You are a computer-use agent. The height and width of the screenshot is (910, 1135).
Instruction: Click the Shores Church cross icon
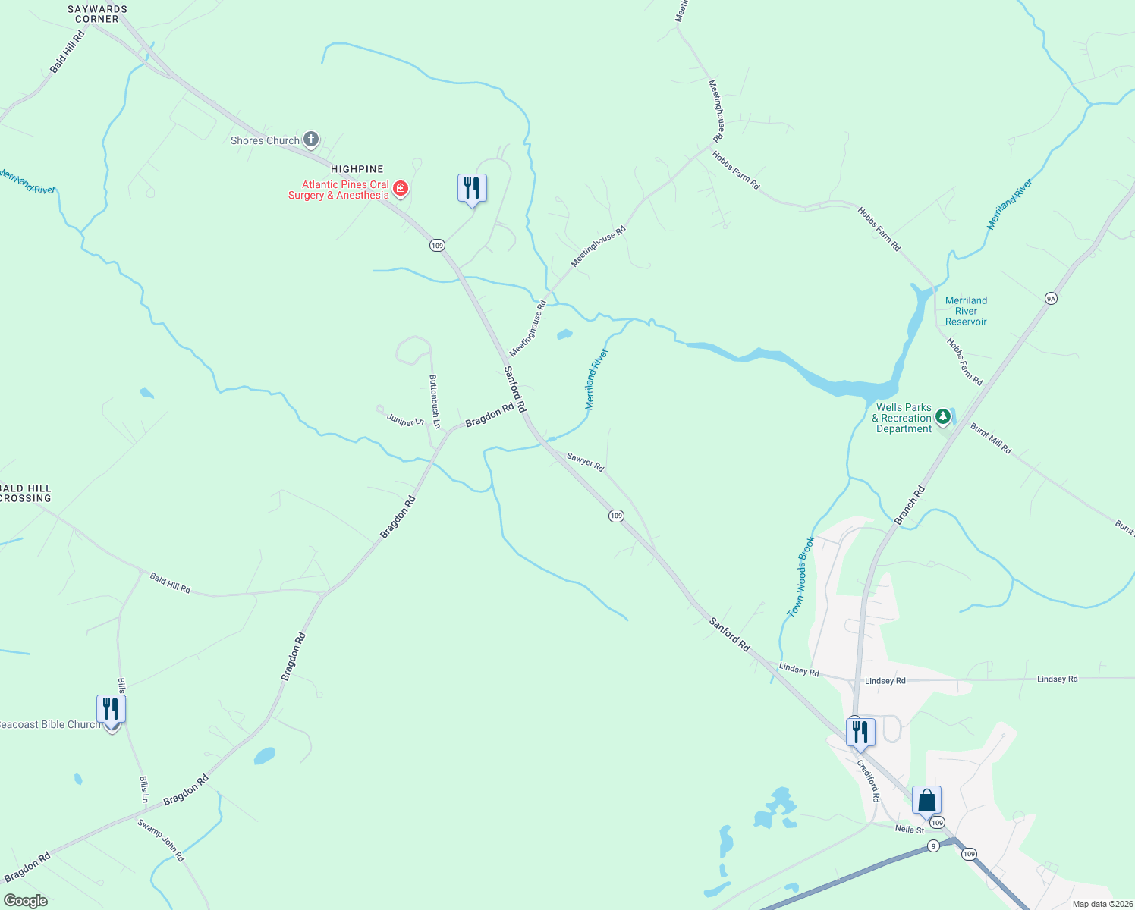tap(310, 140)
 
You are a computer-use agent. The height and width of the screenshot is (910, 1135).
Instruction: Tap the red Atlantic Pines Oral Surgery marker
tap(400, 188)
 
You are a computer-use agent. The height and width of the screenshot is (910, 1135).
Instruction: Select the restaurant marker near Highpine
tap(472, 188)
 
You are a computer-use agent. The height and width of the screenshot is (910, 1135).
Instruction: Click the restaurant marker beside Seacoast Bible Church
tap(111, 710)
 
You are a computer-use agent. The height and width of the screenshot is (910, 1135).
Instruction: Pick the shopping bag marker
tap(926, 800)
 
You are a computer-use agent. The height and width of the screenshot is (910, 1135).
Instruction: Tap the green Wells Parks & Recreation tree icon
tap(942, 416)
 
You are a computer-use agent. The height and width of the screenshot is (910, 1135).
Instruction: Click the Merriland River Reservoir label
tap(966, 311)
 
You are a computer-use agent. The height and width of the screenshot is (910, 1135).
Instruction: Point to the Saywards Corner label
tap(97, 14)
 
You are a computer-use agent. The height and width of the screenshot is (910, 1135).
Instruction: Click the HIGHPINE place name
tap(357, 169)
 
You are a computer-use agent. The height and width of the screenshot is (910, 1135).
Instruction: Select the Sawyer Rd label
tap(585, 463)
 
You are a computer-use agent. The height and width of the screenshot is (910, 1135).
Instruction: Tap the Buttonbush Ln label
tap(435, 402)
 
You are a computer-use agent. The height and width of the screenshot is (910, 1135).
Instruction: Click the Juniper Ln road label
tap(405, 420)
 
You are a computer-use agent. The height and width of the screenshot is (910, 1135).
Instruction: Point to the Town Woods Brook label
tap(800, 576)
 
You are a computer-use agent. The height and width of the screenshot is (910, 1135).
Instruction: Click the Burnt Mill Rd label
tap(991, 438)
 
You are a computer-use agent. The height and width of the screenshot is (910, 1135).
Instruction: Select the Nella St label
tap(910, 830)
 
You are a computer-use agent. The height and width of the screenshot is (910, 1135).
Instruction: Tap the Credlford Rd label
tap(869, 780)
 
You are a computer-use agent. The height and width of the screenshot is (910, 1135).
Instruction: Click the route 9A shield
tap(1051, 298)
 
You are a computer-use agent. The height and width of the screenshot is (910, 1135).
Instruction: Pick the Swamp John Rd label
tap(161, 839)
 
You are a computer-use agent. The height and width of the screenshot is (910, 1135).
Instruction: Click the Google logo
tap(25, 901)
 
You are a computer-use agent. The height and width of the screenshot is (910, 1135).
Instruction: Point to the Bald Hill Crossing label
tap(26, 494)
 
